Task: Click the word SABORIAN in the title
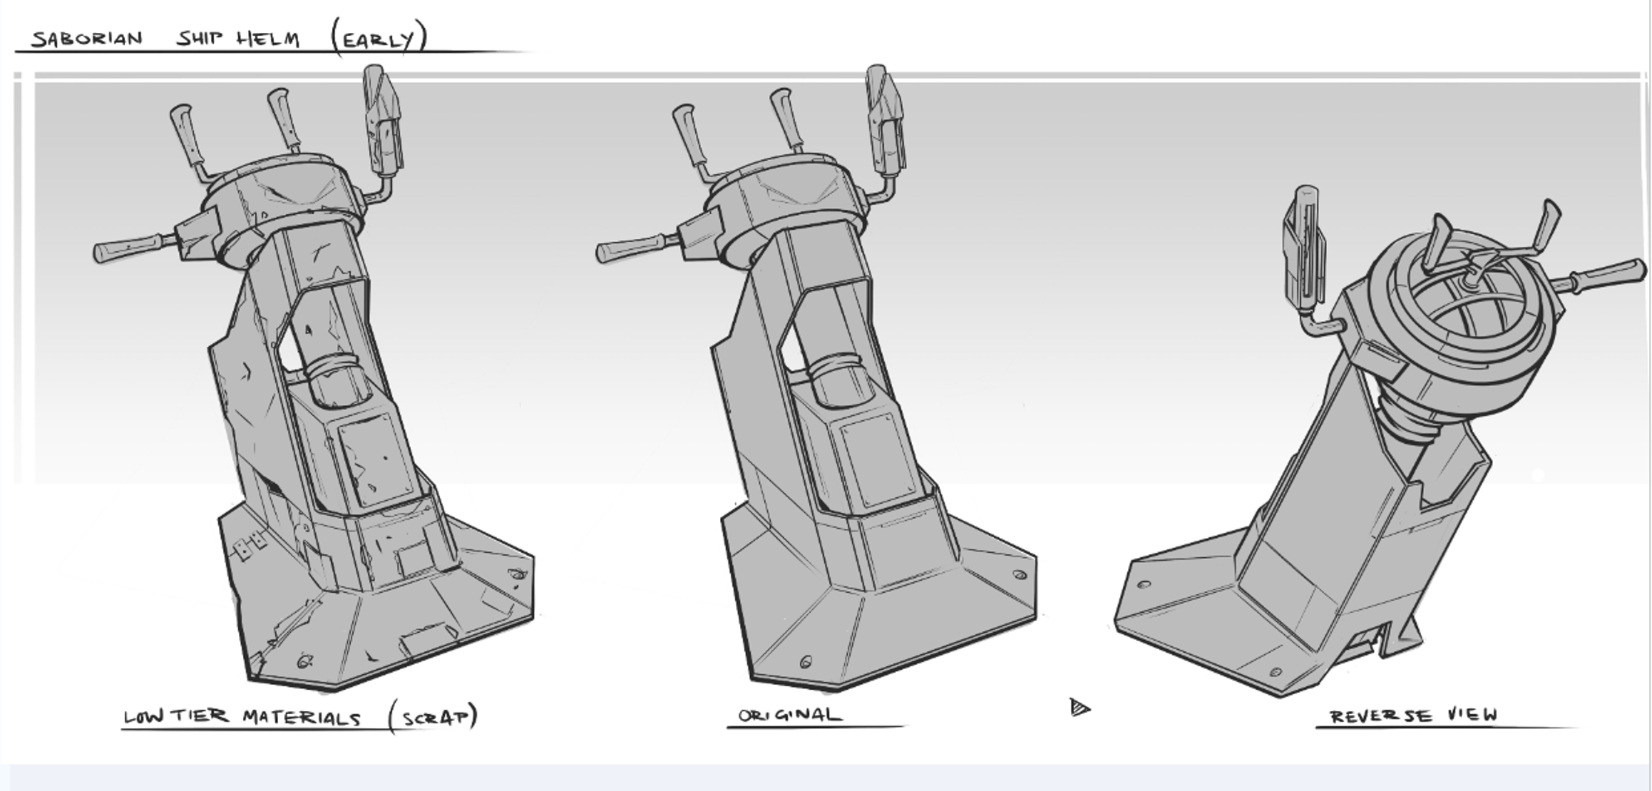(x=87, y=39)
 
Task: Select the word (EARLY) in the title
(x=380, y=39)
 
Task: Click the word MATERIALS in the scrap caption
(x=301, y=717)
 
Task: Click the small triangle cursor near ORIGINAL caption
(x=1079, y=708)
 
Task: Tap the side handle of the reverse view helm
(x=1607, y=276)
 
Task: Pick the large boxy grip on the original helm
(x=886, y=123)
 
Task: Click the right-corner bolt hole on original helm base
(x=1019, y=574)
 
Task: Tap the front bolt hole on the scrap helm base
(x=304, y=661)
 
